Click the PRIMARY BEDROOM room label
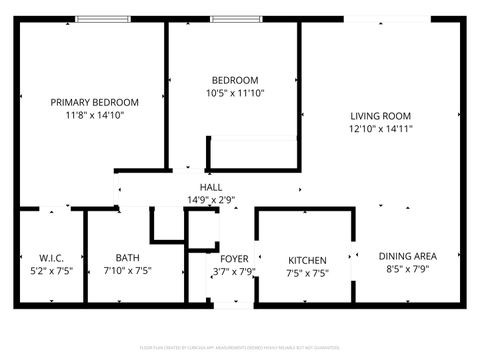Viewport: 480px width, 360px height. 95,102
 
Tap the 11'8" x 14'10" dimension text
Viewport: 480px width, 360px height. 95,115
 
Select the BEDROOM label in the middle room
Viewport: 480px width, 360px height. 235,81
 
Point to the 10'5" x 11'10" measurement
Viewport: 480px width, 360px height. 235,94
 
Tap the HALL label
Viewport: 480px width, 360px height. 211,187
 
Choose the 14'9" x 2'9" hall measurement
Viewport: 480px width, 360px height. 211,200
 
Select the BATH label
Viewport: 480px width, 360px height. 127,258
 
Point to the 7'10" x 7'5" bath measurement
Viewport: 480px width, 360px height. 127,271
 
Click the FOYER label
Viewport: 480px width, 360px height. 234,258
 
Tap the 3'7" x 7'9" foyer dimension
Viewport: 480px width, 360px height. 234,271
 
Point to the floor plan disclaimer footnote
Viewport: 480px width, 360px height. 240,348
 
